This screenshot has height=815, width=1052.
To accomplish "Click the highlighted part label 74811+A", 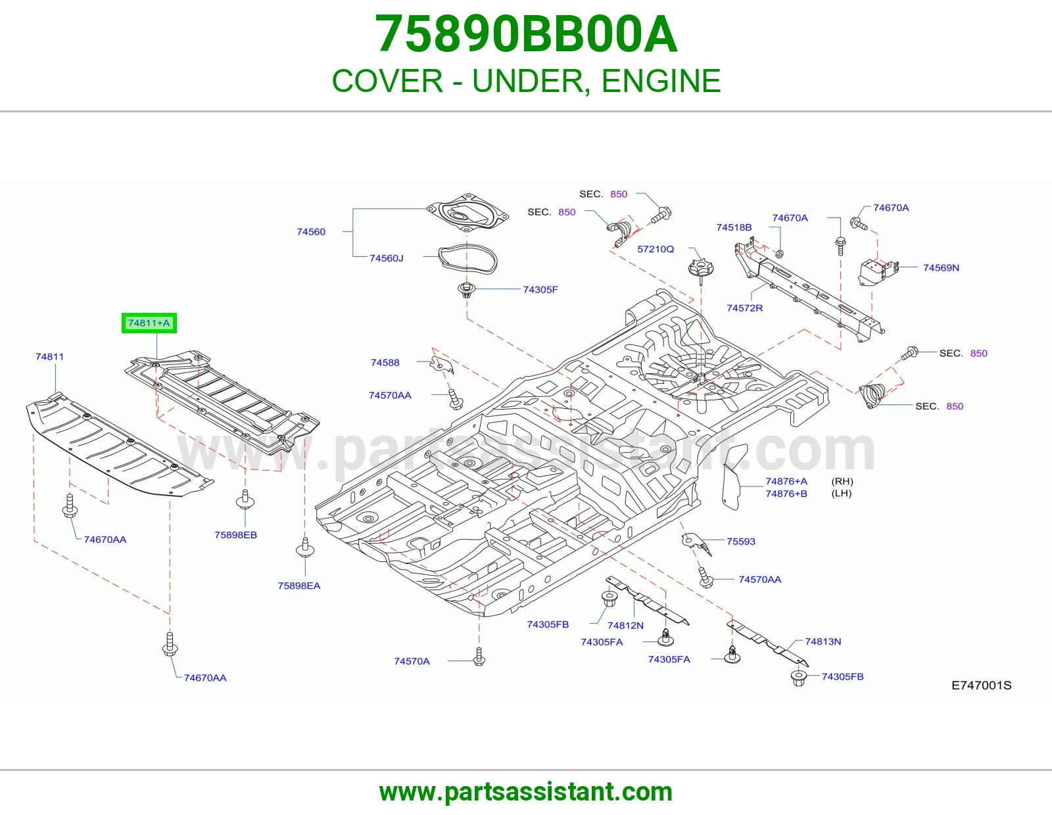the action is [149, 323].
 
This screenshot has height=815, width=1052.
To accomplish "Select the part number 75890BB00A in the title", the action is [526, 34].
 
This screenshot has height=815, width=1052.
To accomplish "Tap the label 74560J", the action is [387, 258].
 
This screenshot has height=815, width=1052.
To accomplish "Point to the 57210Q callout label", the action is [656, 248].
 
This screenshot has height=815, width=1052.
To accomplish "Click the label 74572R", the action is [744, 308].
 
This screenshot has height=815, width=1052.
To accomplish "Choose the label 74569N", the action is [941, 268].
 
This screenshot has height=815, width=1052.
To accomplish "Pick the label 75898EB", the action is [236, 535].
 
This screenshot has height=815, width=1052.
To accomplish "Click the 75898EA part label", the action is [299, 586].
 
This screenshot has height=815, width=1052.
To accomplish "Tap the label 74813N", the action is [823, 641].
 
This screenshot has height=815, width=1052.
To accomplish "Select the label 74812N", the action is [625, 625].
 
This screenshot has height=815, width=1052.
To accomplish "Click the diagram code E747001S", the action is [981, 686].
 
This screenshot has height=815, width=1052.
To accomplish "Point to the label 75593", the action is [741, 541].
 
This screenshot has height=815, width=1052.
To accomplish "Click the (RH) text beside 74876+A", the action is [842, 481].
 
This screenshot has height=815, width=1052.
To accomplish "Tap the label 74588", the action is [385, 363].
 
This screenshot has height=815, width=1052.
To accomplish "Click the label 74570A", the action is [412, 661].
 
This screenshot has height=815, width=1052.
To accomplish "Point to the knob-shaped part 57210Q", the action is [700, 268].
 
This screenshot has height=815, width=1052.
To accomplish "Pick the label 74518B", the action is [734, 227].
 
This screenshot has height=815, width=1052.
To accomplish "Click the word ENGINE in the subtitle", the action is [661, 81].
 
